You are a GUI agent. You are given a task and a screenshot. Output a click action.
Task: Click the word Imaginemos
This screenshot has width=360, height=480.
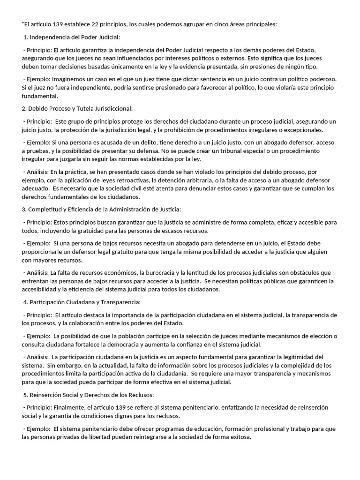68,80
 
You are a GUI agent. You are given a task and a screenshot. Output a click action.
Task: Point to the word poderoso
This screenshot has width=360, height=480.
324,80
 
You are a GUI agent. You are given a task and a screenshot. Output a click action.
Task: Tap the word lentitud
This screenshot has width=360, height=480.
201,272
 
